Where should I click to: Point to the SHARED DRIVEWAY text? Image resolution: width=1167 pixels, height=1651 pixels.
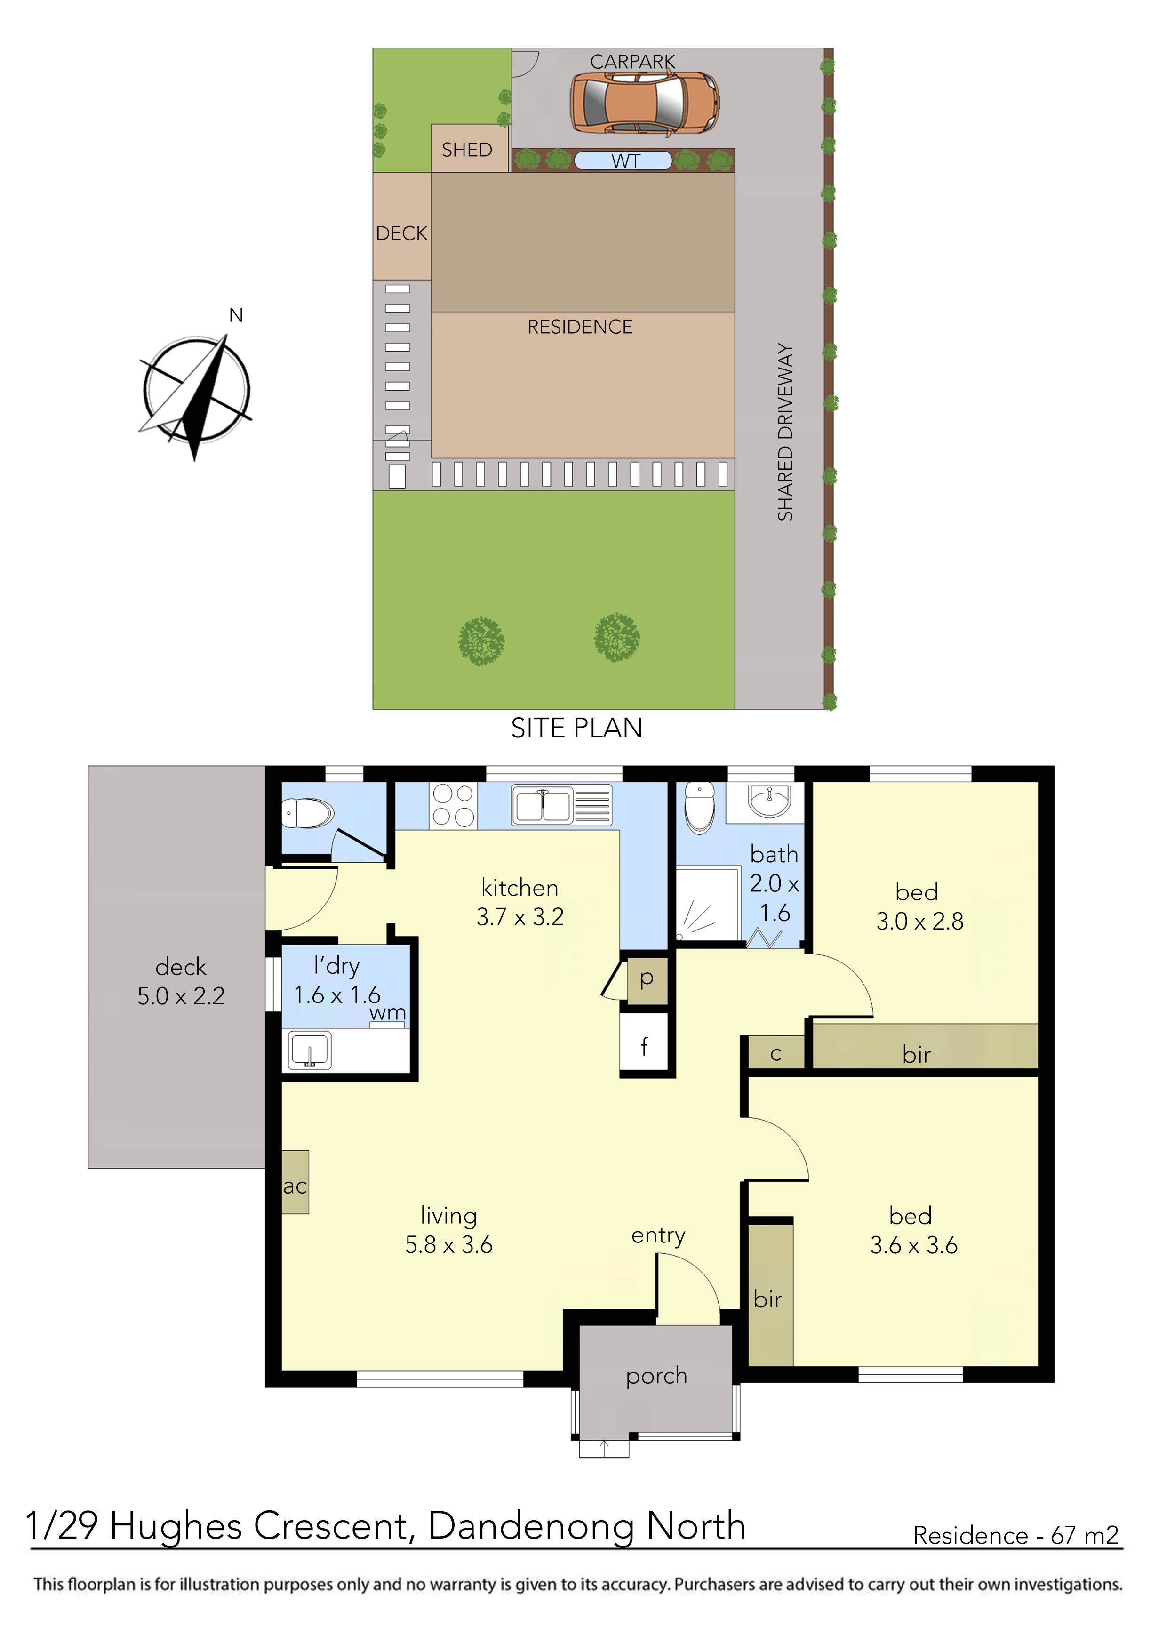tap(785, 432)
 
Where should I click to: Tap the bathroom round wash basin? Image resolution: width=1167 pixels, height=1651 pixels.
tap(769, 800)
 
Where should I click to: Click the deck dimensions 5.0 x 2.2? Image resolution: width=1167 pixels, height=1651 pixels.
tap(181, 996)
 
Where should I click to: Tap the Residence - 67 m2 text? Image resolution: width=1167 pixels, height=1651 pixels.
tap(1015, 1534)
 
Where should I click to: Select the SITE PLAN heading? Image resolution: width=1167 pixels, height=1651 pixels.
tap(576, 729)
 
